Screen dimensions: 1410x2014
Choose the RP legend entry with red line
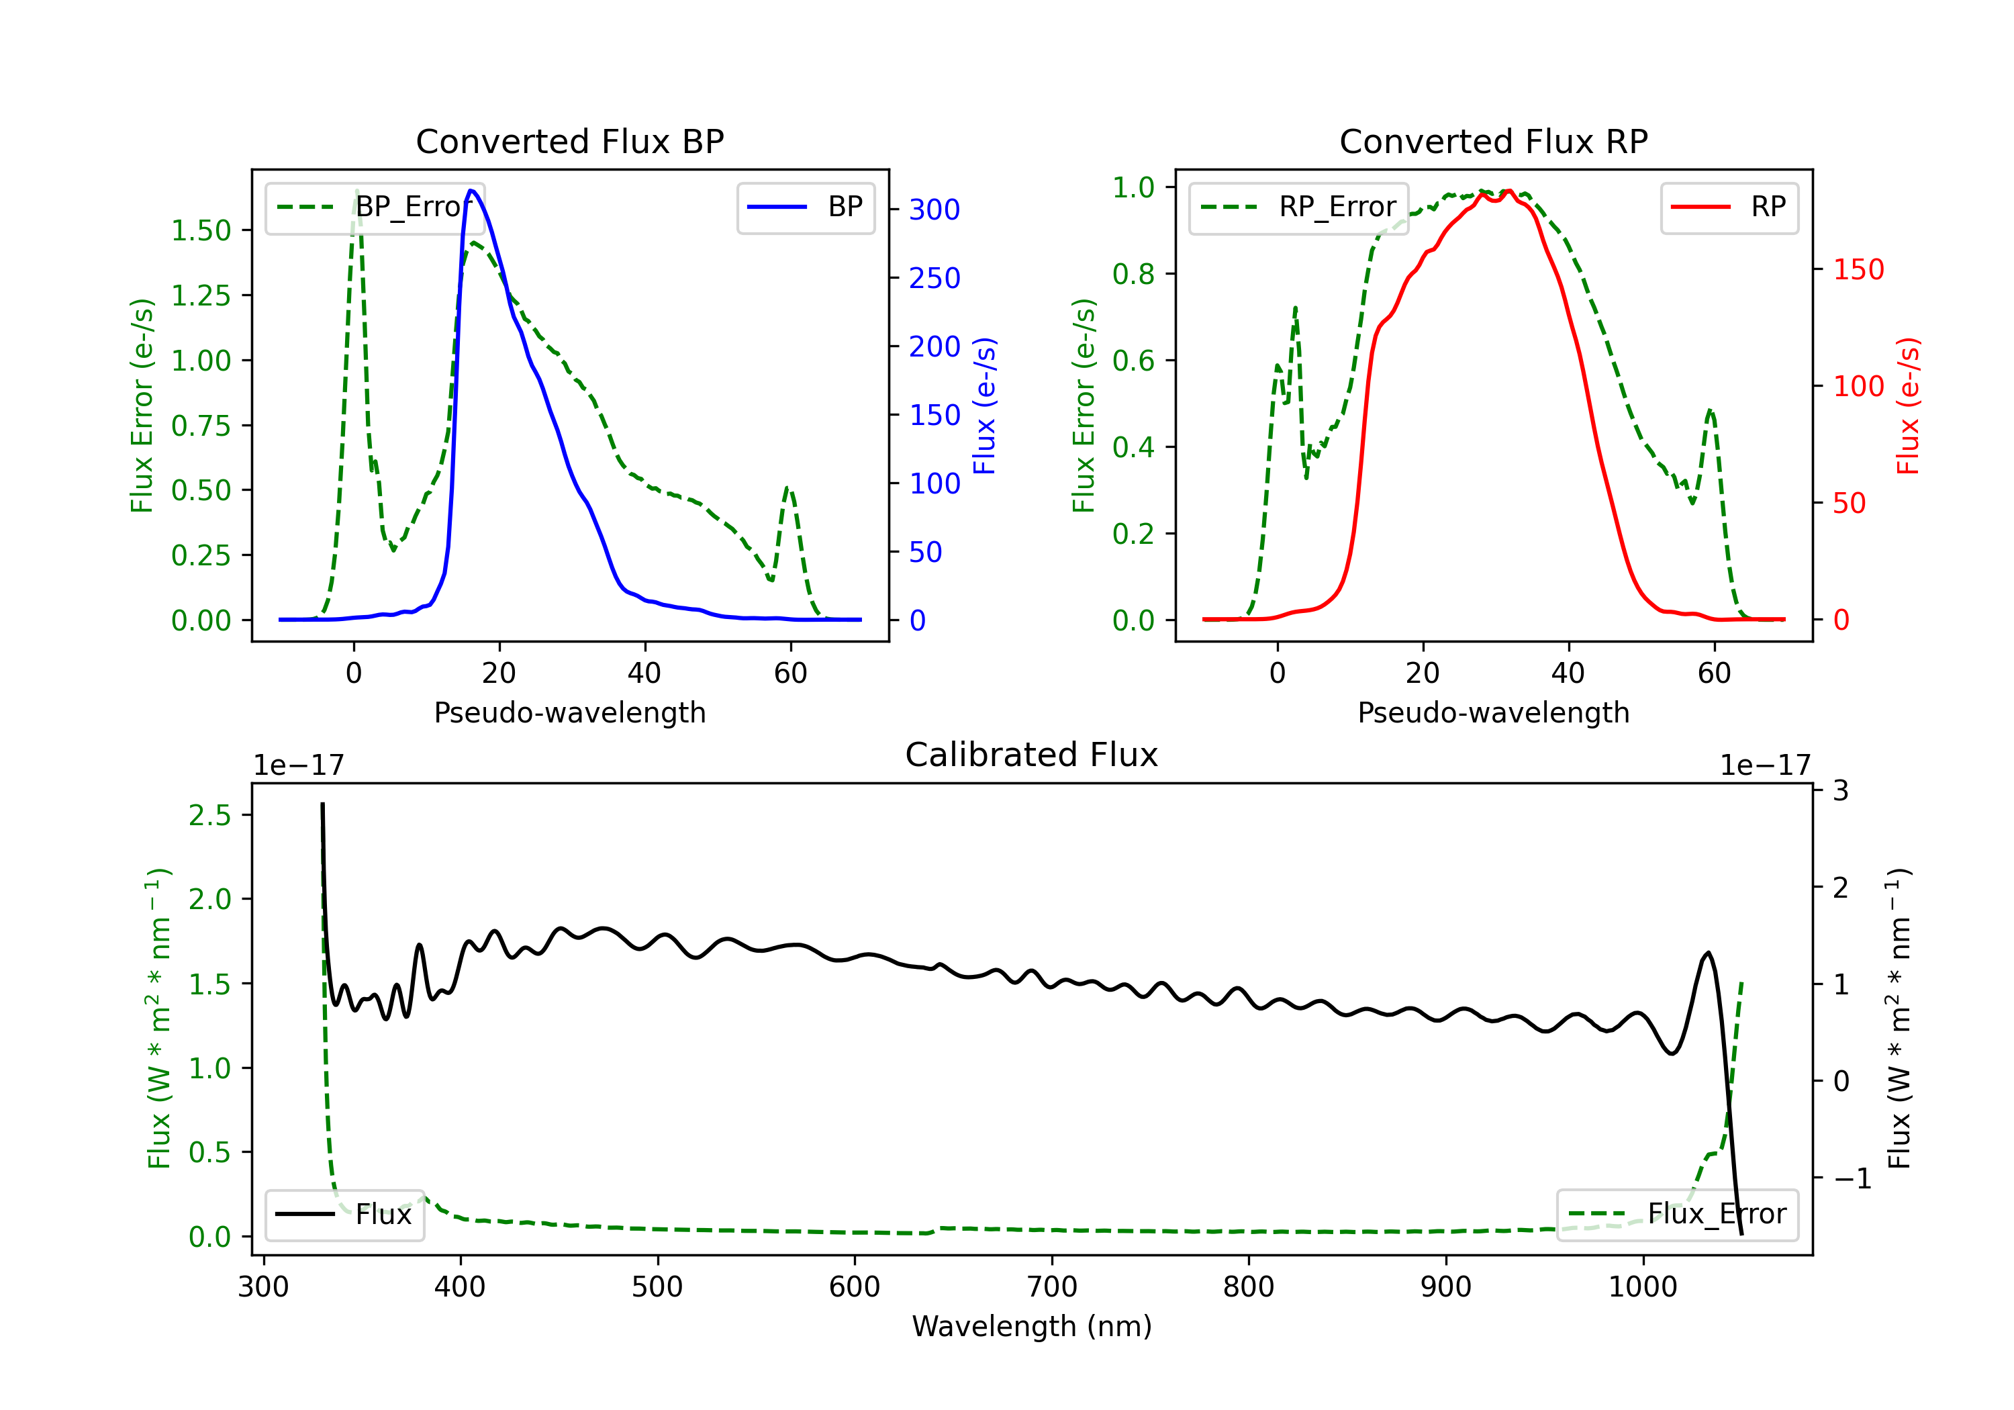1729,208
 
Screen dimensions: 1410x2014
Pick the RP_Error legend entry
1298,208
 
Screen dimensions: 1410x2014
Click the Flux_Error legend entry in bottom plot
1676,1215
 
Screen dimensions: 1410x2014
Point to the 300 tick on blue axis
934,209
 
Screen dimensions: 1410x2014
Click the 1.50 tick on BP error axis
201,231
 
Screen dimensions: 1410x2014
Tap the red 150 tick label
1858,269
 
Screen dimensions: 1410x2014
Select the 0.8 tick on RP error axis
1133,275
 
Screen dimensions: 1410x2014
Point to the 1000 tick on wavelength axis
1642,1287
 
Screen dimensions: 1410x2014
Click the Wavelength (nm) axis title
1032,1327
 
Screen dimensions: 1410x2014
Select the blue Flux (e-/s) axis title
984,406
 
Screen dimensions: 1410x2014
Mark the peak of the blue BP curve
471,191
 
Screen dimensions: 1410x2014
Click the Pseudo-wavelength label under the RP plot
1493,712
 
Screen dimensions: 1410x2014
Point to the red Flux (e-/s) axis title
1908,406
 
